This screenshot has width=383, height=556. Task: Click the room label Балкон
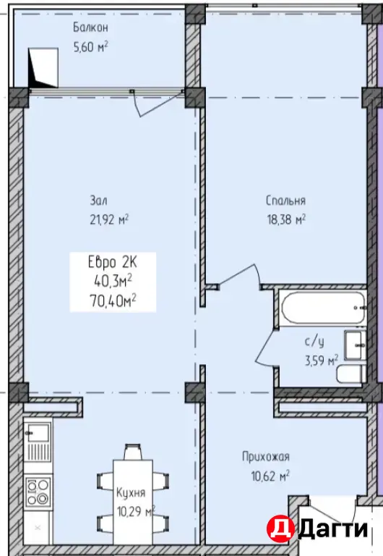pos(90,28)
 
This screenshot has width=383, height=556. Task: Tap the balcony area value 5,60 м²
pos(90,46)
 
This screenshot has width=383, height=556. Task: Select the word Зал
pos(98,201)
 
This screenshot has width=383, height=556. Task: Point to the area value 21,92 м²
pos(109,220)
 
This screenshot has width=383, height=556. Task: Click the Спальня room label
pos(285,201)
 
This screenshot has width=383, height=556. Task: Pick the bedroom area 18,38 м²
pos(286,220)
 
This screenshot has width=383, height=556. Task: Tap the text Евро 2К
pos(112,263)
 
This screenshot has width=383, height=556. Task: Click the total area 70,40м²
pos(114,302)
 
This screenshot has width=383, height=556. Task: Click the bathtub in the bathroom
pos(322,307)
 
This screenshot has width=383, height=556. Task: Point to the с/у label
pos(314,342)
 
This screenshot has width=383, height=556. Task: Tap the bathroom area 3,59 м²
pos(322,361)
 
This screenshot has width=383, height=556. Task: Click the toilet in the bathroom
pos(350,374)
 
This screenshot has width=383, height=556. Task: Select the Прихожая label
pos(266,457)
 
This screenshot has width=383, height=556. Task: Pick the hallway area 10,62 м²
pos(270,476)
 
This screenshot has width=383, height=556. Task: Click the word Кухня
pos(131,492)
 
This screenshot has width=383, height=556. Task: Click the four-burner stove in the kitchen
pos(38,491)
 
